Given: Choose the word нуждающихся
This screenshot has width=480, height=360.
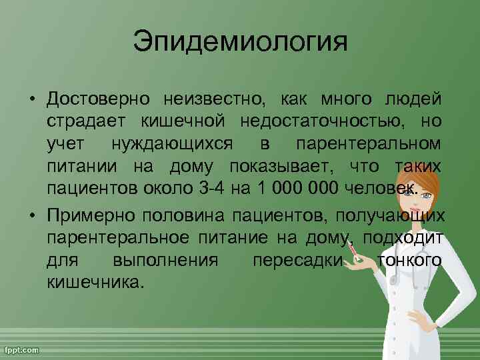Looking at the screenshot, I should click(x=169, y=144).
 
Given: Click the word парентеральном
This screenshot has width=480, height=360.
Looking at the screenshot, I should click(x=369, y=144).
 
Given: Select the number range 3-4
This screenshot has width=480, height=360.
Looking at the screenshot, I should click(x=212, y=188).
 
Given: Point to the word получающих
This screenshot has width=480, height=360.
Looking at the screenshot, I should click(x=390, y=215).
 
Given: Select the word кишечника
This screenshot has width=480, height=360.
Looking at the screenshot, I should click(x=95, y=281).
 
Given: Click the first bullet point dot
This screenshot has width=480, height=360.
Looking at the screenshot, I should click(x=32, y=101).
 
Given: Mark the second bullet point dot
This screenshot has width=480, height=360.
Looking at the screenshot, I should click(x=32, y=215).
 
